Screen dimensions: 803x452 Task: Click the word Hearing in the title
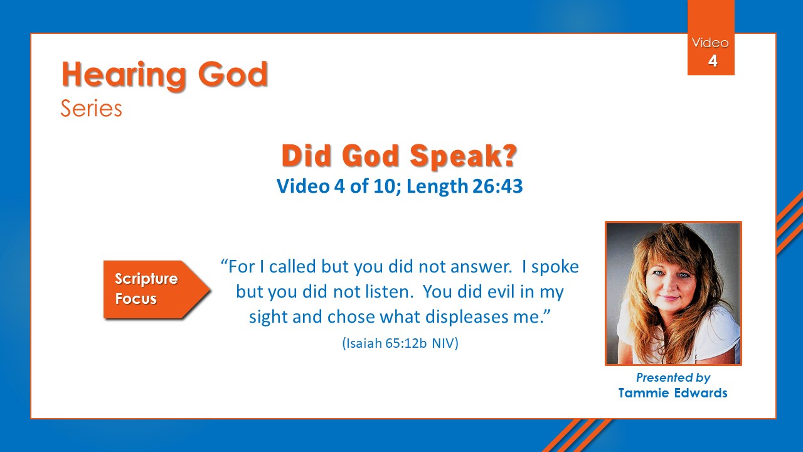(x=124, y=75)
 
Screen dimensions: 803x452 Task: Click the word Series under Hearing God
(x=92, y=109)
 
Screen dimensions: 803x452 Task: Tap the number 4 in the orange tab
(x=713, y=61)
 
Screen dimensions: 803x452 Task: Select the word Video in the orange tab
(x=710, y=43)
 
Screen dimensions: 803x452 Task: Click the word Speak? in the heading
(x=463, y=156)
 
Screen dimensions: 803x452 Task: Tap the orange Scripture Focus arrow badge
(x=157, y=289)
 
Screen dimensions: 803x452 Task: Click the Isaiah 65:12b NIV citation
(x=400, y=343)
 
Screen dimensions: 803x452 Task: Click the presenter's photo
(x=673, y=293)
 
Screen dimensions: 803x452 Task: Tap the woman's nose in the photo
(x=669, y=286)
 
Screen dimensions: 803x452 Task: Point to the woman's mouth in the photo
(x=669, y=298)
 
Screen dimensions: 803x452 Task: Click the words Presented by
(x=673, y=377)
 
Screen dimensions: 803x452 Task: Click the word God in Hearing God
(x=233, y=75)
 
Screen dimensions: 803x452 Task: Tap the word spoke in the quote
(x=555, y=267)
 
